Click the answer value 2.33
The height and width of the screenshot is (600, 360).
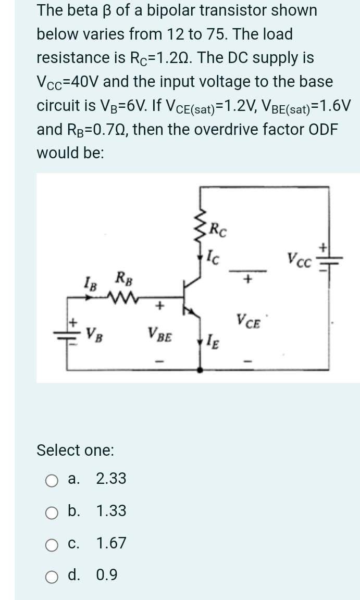coord(111,479)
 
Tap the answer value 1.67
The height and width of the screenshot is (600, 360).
coord(111,543)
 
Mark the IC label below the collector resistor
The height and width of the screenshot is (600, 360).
coord(215,256)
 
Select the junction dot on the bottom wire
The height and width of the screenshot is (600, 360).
coord(200,370)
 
